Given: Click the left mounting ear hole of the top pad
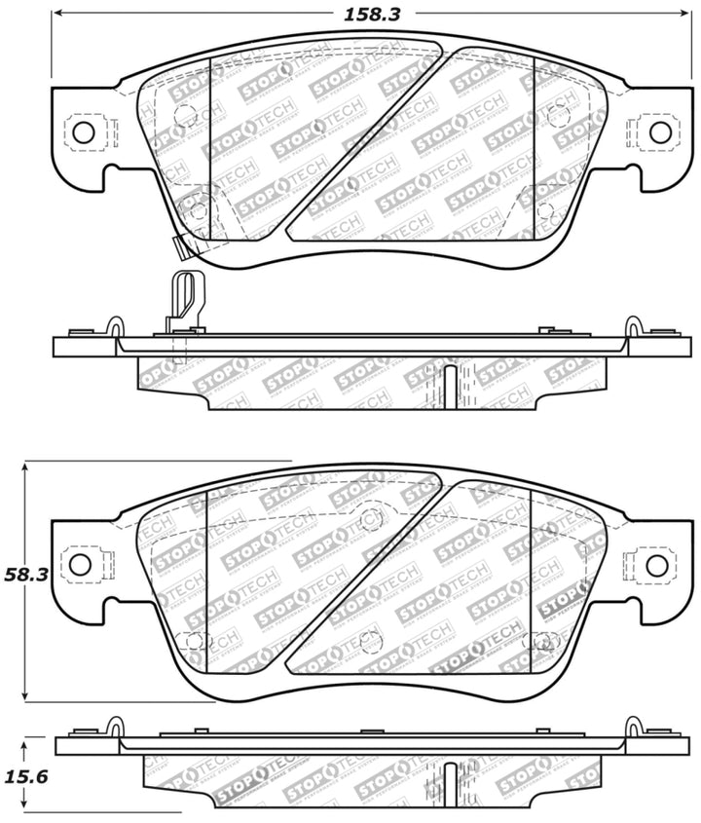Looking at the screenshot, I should pos(81,133).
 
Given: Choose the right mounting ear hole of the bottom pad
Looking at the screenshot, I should pos(656,564).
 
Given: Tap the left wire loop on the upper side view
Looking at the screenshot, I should pos(115,326).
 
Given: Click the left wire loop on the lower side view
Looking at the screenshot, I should pos(115,727).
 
